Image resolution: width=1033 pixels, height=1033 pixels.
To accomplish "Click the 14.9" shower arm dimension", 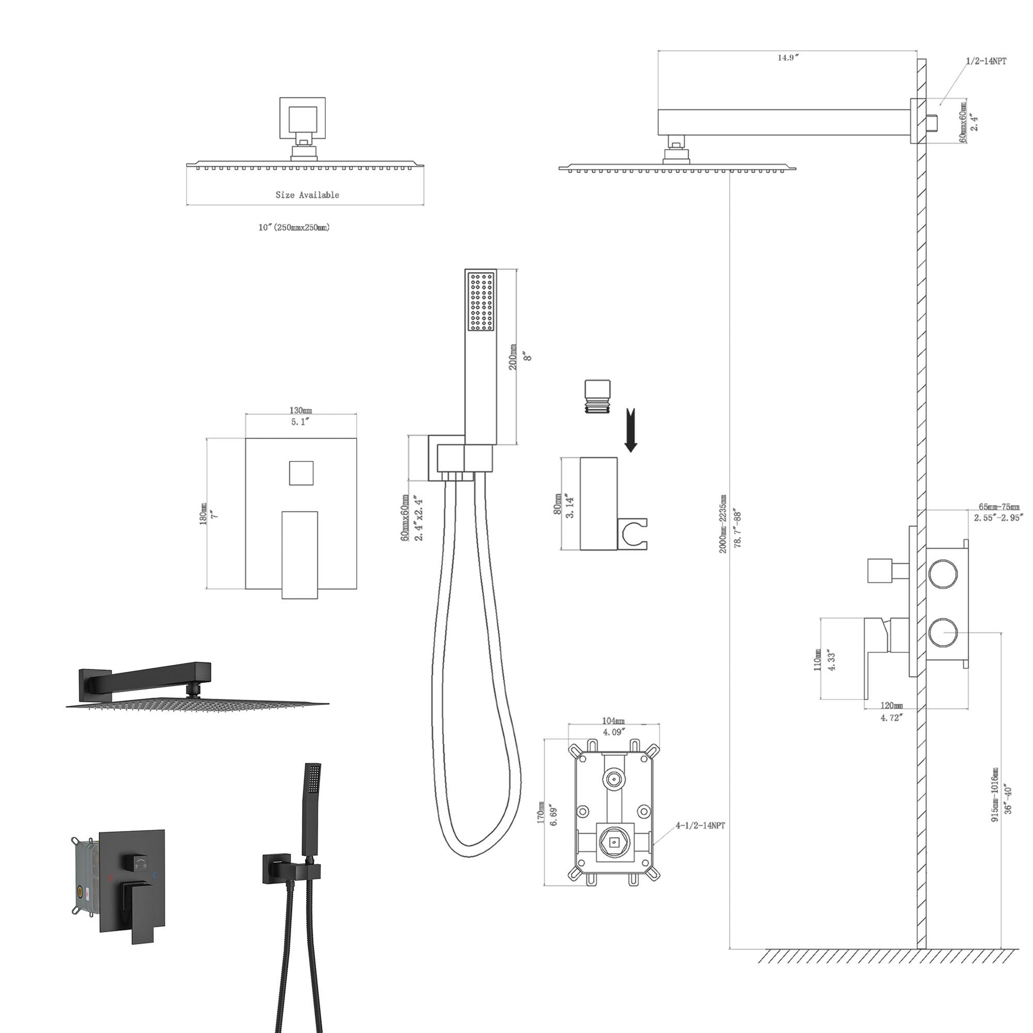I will click(788, 58).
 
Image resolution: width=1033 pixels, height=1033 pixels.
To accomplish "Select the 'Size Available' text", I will click(307, 195).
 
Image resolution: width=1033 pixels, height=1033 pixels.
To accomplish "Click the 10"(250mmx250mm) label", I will click(294, 227).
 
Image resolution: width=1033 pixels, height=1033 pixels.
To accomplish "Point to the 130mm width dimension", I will click(300, 411).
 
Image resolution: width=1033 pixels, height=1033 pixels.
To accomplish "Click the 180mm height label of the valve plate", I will click(203, 514).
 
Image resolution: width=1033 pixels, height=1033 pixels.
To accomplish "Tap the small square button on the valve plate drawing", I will click(301, 473).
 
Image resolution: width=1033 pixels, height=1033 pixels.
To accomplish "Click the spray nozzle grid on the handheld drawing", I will click(481, 302).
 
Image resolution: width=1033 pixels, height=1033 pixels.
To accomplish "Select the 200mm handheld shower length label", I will click(513, 357).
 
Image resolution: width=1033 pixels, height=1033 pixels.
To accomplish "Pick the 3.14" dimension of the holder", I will click(571, 506).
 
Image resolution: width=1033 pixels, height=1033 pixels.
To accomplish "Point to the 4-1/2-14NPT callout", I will click(700, 825).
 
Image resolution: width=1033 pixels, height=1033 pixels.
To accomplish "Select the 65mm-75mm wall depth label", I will click(999, 507).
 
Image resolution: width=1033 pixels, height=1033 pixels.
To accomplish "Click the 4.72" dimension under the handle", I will click(891, 718).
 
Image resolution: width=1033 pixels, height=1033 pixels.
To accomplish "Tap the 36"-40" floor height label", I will click(1008, 800).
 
